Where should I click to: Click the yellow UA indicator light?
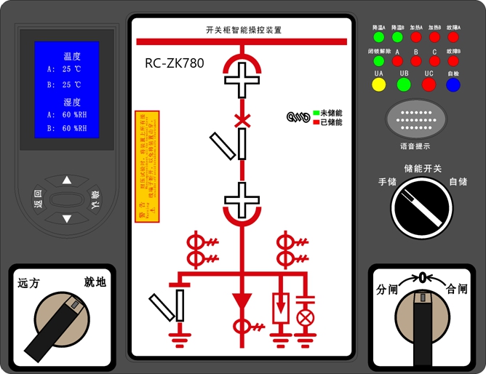(378, 84)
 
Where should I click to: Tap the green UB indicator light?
(404, 84)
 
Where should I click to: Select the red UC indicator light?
(429, 84)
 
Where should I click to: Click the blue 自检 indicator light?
(453, 84)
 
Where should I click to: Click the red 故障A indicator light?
(453, 36)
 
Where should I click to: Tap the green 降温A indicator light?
(378, 36)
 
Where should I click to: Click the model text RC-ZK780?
(175, 63)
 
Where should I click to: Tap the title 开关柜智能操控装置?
(244, 30)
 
